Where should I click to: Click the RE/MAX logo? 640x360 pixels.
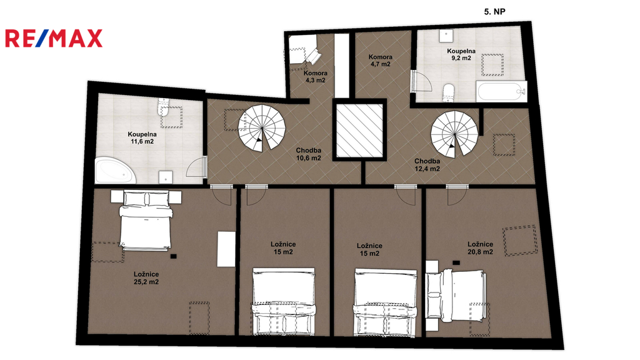tap(54, 38)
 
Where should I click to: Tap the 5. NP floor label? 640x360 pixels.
tap(495, 12)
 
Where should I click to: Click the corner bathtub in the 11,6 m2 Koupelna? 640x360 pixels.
tap(115, 171)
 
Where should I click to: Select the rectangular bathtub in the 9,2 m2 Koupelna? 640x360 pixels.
tap(501, 91)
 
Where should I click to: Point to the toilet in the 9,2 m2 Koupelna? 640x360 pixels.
tap(449, 92)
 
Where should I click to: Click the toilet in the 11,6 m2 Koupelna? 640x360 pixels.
tap(163, 106)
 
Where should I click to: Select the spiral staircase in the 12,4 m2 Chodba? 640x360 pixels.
tap(454, 135)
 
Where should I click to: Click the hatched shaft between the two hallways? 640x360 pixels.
tap(359, 130)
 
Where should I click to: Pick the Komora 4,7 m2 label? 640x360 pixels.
tap(381, 61)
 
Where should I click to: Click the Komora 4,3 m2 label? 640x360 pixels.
tap(316, 77)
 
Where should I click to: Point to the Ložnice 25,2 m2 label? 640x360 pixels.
tap(146, 278)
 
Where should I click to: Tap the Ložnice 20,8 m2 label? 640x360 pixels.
tap(481, 248)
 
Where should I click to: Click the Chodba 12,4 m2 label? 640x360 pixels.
tap(427, 165)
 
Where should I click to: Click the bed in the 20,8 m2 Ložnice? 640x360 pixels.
tap(456, 295)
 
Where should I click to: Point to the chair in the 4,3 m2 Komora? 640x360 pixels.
tap(312, 56)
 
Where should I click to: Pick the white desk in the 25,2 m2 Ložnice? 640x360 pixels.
tap(226, 249)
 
